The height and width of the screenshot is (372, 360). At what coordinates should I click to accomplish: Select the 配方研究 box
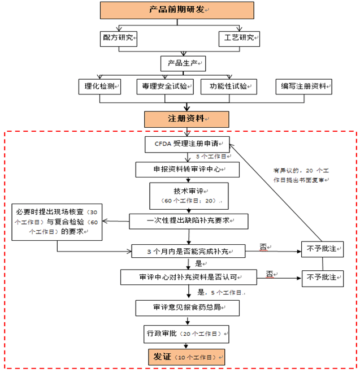coord(118,38)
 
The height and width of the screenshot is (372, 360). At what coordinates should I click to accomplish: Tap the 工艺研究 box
coord(238,38)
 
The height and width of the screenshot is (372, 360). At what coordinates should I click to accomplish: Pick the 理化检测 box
coord(99,86)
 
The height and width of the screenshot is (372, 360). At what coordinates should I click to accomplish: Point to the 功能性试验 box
coord(228,86)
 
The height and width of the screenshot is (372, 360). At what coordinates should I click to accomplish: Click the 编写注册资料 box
coord(303,86)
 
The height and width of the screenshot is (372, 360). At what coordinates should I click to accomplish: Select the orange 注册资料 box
coord(186,119)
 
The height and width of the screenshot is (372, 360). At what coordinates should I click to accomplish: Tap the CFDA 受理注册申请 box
coord(188,144)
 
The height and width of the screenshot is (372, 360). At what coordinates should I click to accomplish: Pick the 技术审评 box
coord(189,196)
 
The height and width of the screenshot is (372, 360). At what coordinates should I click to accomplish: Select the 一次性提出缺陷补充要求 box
coord(189,220)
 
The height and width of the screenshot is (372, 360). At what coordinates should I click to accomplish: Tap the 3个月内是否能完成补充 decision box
coord(188,250)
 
